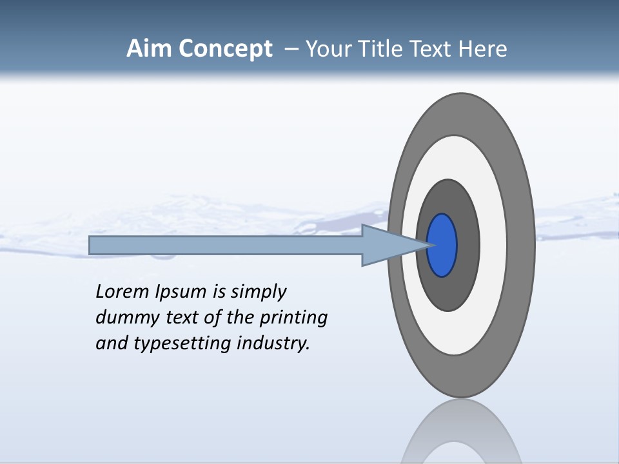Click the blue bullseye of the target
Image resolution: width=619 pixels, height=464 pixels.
point(442,245)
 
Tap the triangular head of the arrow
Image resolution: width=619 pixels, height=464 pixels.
point(387,245)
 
